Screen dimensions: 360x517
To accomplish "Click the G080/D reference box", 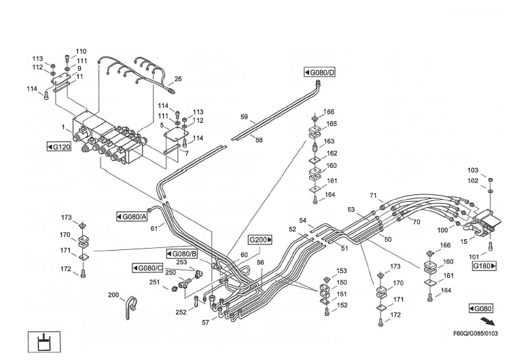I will point(320,73).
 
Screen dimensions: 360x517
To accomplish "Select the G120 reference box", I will point(59,147).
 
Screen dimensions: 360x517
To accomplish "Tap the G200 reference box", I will point(260,240).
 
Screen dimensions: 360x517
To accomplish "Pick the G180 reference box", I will point(484,266).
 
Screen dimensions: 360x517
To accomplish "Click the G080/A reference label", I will point(131,217).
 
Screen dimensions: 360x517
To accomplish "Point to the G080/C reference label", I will point(147,268).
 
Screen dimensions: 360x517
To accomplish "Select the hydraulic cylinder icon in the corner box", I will point(43,341).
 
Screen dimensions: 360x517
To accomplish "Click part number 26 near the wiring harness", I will point(178,79).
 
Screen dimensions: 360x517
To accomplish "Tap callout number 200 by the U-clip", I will point(113,295).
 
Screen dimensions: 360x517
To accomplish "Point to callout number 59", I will point(244,117).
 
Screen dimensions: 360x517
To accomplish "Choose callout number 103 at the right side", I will point(473,170).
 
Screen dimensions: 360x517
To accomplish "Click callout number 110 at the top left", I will point(81,52).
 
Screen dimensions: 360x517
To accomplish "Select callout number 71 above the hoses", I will point(373,196).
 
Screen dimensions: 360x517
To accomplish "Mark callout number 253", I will point(181,262).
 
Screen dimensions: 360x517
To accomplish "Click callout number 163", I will point(329,141).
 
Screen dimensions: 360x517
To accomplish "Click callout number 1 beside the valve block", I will point(64,127).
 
